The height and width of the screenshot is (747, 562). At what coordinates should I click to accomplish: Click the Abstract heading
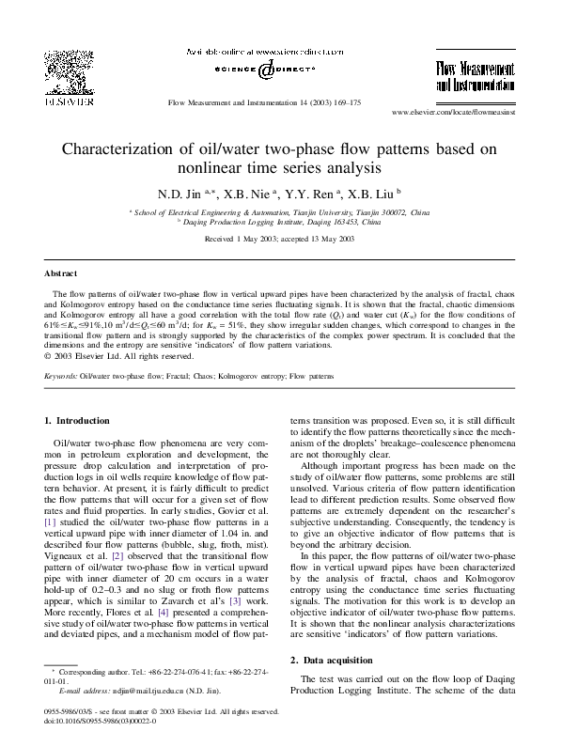pos(61,274)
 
